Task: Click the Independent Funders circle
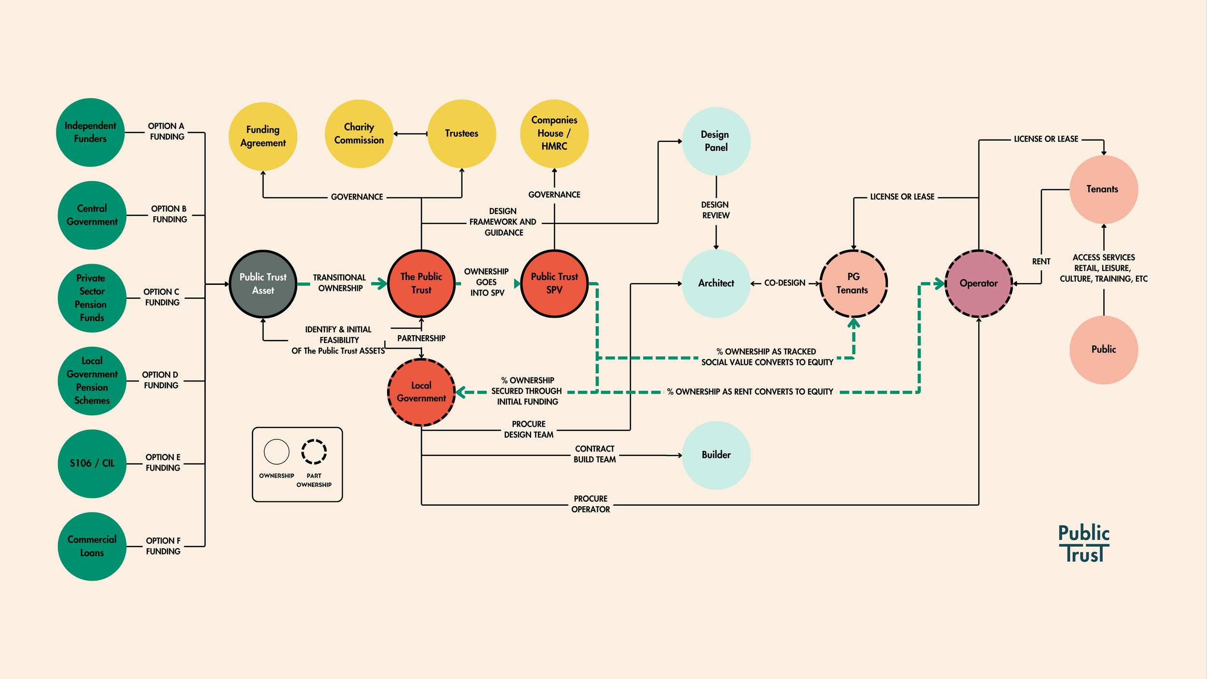(x=90, y=132)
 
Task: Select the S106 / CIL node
(x=92, y=463)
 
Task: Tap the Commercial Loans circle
(x=92, y=546)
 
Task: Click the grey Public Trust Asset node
(x=263, y=283)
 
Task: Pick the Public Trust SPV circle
(x=554, y=283)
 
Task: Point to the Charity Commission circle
(x=359, y=134)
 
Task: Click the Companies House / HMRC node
(x=554, y=133)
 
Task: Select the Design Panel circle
(x=716, y=141)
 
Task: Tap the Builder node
(x=716, y=455)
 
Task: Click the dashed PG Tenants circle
(x=853, y=283)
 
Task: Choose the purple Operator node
(x=978, y=283)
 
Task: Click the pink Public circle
(x=1103, y=350)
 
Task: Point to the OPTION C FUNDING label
(x=162, y=297)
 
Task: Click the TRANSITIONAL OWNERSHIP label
(x=339, y=283)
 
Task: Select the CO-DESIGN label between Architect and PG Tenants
(x=785, y=283)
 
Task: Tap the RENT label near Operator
(x=1041, y=261)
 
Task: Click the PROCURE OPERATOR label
(x=590, y=504)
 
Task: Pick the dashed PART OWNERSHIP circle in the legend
(x=314, y=452)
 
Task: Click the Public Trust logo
(x=1084, y=543)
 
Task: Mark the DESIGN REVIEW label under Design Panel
(x=716, y=210)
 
